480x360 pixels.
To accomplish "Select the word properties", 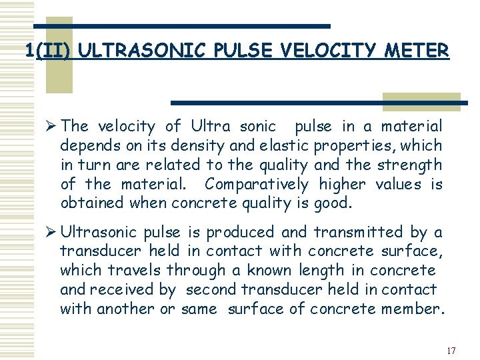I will pos(359,145).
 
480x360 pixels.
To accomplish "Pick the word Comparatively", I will pos(257,183).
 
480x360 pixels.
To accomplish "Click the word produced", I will pos(240,233).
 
